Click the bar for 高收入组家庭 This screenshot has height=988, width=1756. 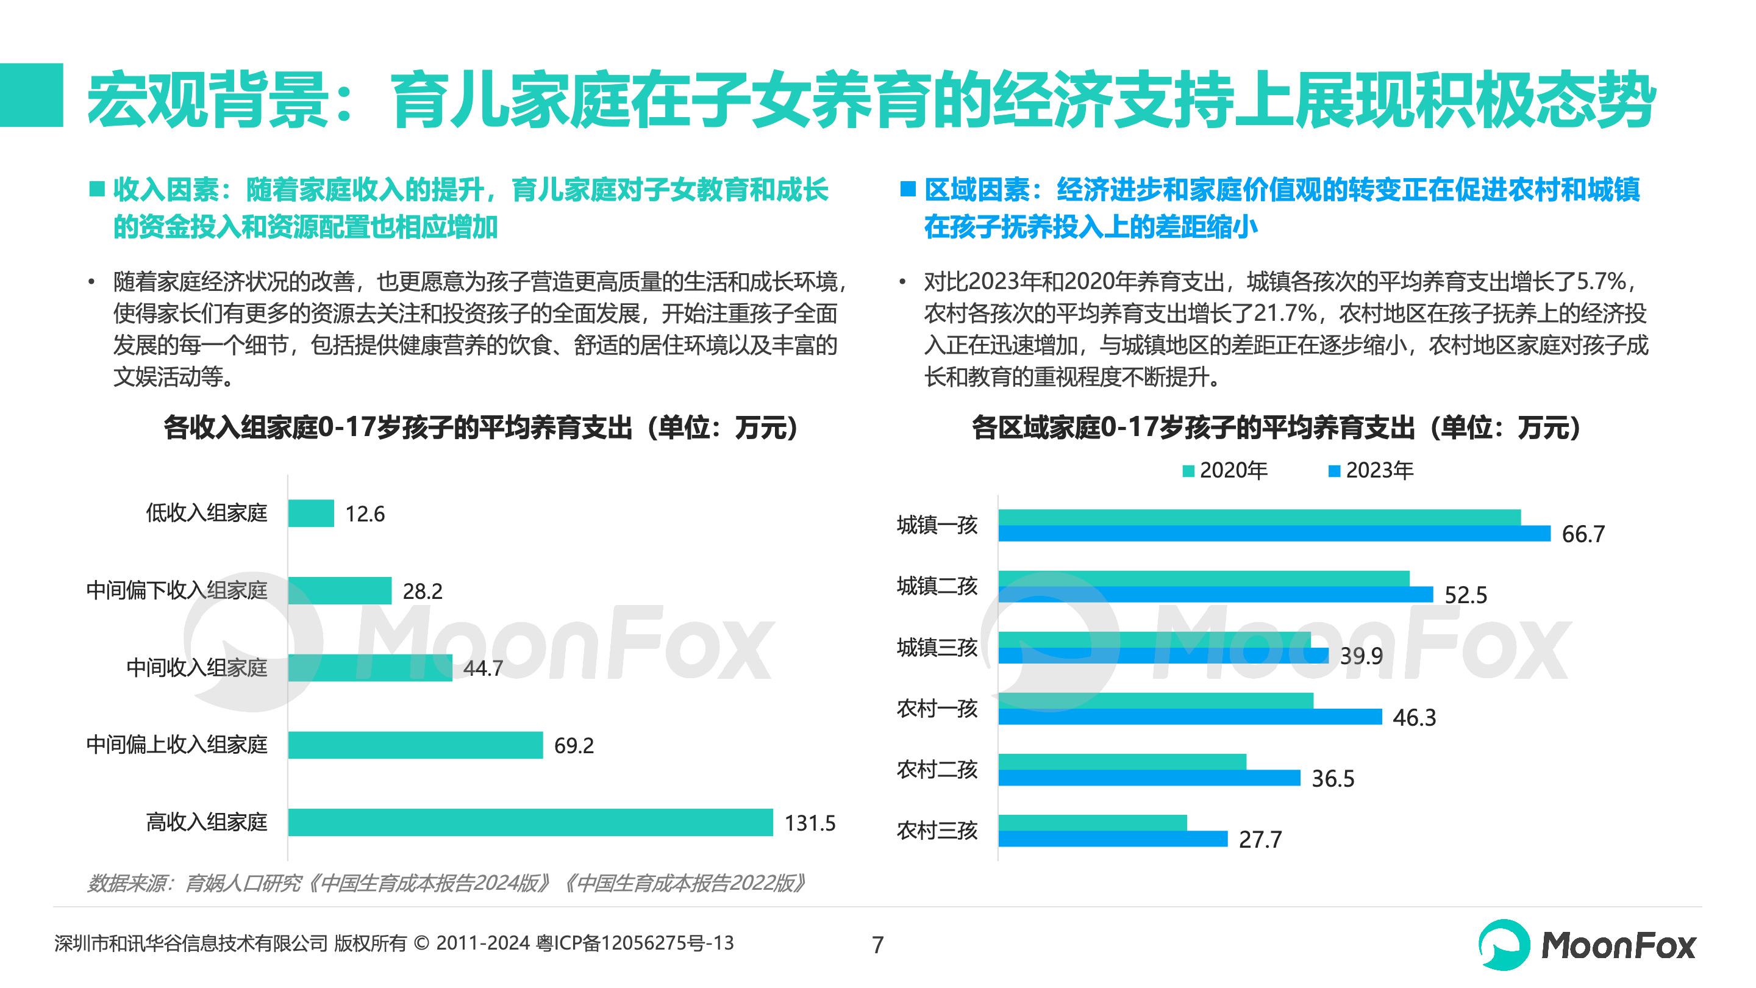[530, 822]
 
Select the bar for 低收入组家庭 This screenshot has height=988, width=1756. [311, 513]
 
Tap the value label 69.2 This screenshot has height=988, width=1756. [573, 745]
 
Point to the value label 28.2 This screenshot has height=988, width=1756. [422, 590]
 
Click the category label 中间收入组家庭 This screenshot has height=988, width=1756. [196, 668]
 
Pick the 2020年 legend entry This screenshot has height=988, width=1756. [1225, 470]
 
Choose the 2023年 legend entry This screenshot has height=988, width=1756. [1371, 470]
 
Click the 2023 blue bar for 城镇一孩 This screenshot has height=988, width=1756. [1273, 533]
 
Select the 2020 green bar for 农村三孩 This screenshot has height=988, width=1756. [1092, 823]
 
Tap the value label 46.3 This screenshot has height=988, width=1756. [1414, 717]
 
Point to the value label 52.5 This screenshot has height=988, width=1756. [1466, 595]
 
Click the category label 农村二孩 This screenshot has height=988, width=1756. [937, 770]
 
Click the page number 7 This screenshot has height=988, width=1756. [877, 944]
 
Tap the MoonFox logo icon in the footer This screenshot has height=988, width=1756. [1503, 944]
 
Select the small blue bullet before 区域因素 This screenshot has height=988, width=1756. [907, 189]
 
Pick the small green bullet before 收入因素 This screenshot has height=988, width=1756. [97, 189]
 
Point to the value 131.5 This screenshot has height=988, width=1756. [809, 823]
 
